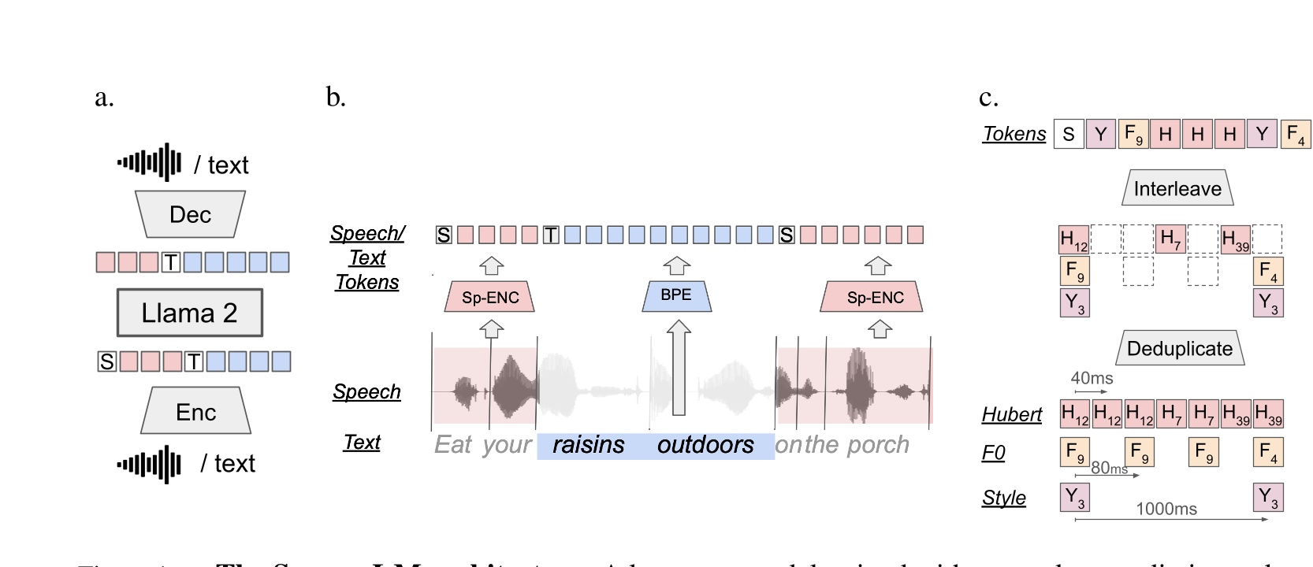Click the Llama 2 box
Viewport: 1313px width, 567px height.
click(189, 313)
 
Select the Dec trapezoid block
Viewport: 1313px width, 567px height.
click(190, 214)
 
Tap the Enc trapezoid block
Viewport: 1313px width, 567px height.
click(195, 412)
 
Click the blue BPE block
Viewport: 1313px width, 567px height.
click(676, 295)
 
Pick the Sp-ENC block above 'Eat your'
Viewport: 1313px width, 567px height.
click(490, 298)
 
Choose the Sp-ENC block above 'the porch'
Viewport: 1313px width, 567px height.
click(875, 298)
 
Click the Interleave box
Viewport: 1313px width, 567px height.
click(1177, 189)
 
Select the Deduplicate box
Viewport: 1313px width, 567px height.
click(1179, 349)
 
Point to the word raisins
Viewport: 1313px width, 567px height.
click(588, 445)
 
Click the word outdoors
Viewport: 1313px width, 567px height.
click(705, 445)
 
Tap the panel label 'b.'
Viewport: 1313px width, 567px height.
click(336, 97)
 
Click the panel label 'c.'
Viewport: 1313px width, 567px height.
click(988, 97)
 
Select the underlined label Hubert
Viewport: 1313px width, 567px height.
click(1011, 414)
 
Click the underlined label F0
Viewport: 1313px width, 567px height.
click(993, 453)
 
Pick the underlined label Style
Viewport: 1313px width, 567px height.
click(1003, 498)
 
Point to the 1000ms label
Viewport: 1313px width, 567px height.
click(1166, 509)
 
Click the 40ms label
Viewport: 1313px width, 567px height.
click(1092, 378)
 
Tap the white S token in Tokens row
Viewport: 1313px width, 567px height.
click(1069, 134)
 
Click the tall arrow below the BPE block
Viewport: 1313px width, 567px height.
click(678, 370)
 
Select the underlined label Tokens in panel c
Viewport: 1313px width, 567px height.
click(1014, 134)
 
